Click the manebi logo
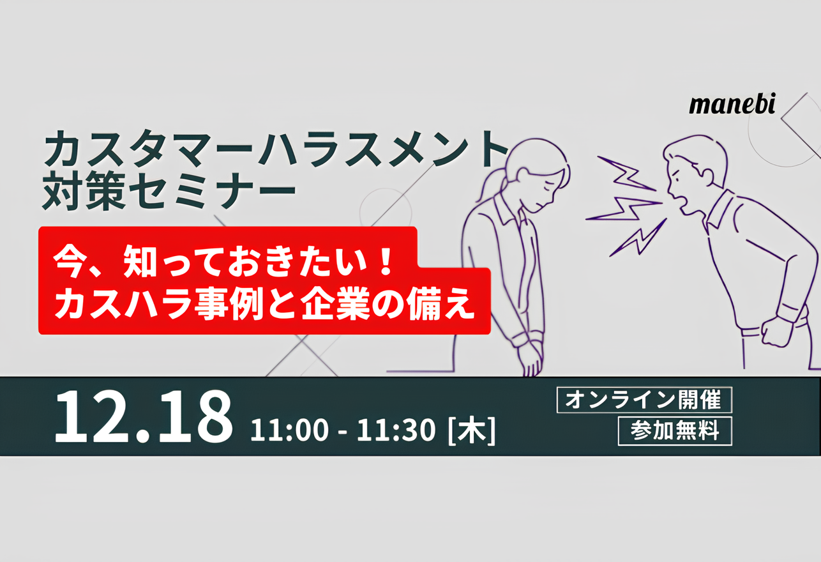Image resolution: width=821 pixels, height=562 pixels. (x=732, y=105)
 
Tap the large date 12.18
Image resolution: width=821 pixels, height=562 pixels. (x=144, y=417)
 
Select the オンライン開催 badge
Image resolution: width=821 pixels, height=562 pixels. (x=644, y=400)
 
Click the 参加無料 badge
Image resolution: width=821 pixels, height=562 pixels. (x=675, y=431)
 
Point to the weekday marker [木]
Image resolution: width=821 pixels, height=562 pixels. (x=472, y=430)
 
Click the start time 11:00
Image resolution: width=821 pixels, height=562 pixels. (x=290, y=430)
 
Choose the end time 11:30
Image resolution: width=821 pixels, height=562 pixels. (x=396, y=430)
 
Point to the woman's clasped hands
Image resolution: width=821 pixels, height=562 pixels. (x=531, y=360)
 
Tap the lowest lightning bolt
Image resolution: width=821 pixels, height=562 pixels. (x=638, y=238)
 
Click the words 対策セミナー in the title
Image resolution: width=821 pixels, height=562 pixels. (x=169, y=190)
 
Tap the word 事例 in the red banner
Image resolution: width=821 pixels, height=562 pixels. (x=229, y=304)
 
